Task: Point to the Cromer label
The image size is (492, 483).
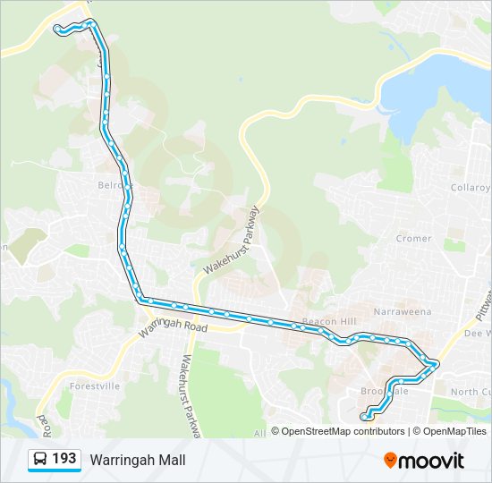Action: tap(413, 239)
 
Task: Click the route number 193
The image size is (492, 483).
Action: tap(64, 460)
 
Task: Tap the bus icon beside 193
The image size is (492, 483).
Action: tap(39, 460)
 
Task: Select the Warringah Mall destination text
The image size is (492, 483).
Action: tap(138, 461)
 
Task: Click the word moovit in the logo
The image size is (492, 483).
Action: tap(431, 461)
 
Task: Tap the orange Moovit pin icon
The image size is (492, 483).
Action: tap(390, 461)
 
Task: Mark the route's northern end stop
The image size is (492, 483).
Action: tap(58, 30)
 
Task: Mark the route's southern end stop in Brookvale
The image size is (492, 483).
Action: tap(365, 415)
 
